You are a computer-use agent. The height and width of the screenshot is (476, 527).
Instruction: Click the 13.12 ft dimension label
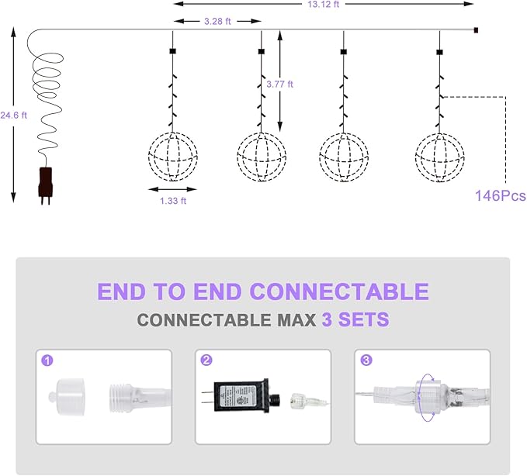pos(324,4)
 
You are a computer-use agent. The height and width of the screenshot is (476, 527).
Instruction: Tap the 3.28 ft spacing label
pos(217,22)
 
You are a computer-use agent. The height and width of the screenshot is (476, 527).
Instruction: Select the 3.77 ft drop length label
pos(279,84)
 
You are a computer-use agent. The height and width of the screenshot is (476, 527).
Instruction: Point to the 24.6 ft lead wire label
pos(13,116)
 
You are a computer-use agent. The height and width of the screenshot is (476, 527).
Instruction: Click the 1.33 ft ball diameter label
pos(173,201)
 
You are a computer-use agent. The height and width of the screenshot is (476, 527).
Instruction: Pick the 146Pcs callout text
pos(500,195)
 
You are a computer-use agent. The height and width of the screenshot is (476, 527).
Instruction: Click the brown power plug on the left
pos(45,185)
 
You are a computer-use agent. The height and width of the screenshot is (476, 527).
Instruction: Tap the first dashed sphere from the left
pos(173,157)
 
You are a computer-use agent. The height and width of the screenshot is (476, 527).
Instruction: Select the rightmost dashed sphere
pos(439,157)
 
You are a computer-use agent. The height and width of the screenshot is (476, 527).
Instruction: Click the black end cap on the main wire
pos(476,30)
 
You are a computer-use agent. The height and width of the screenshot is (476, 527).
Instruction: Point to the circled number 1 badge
pos(47,360)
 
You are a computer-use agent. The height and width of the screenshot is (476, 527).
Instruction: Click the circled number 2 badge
pos(206,360)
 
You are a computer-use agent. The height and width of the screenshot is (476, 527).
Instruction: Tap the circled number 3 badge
pos(366,360)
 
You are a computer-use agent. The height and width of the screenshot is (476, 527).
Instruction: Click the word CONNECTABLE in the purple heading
pos(339,291)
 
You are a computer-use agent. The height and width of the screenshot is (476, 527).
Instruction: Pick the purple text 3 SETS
pos(355,319)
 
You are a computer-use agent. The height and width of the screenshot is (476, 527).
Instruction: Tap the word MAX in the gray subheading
pos(296,320)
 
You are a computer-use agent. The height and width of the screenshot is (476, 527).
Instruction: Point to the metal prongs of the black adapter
pos(208,397)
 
